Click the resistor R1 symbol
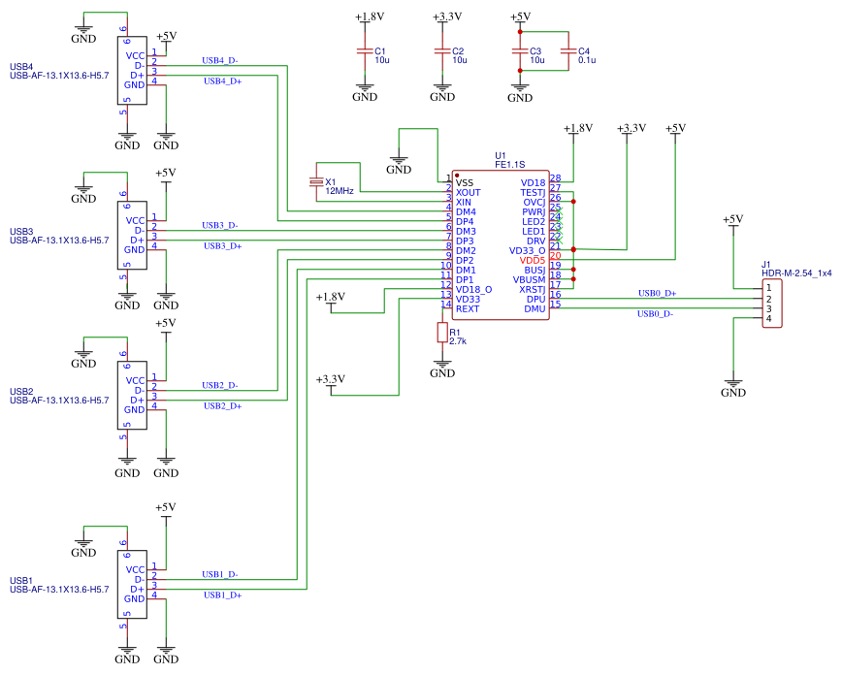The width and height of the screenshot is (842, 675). pos(442,333)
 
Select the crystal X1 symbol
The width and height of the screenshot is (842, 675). pos(314,182)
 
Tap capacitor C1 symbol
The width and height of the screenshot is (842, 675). pos(365,50)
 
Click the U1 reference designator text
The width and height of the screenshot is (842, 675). pos(501,155)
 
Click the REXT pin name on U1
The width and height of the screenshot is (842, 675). pos(468,308)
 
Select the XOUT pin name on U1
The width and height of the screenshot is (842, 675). pos(469,192)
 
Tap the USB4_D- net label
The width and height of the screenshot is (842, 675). pos(219,60)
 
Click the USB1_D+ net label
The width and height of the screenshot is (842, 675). pos(222,595)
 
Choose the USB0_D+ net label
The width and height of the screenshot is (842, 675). pos(657,292)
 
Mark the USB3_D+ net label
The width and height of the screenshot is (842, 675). pos(222,245)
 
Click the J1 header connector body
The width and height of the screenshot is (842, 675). pos(772,304)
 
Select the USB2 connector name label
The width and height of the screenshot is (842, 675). pos(21,391)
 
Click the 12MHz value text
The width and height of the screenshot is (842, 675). pos(340,192)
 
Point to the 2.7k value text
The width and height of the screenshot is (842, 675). pos(458,341)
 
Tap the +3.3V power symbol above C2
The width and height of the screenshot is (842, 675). pos(442,16)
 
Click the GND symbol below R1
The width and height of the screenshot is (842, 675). pos(442,370)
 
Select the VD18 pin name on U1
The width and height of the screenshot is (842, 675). pos(533,182)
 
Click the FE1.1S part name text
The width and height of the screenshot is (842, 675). pos(509,165)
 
